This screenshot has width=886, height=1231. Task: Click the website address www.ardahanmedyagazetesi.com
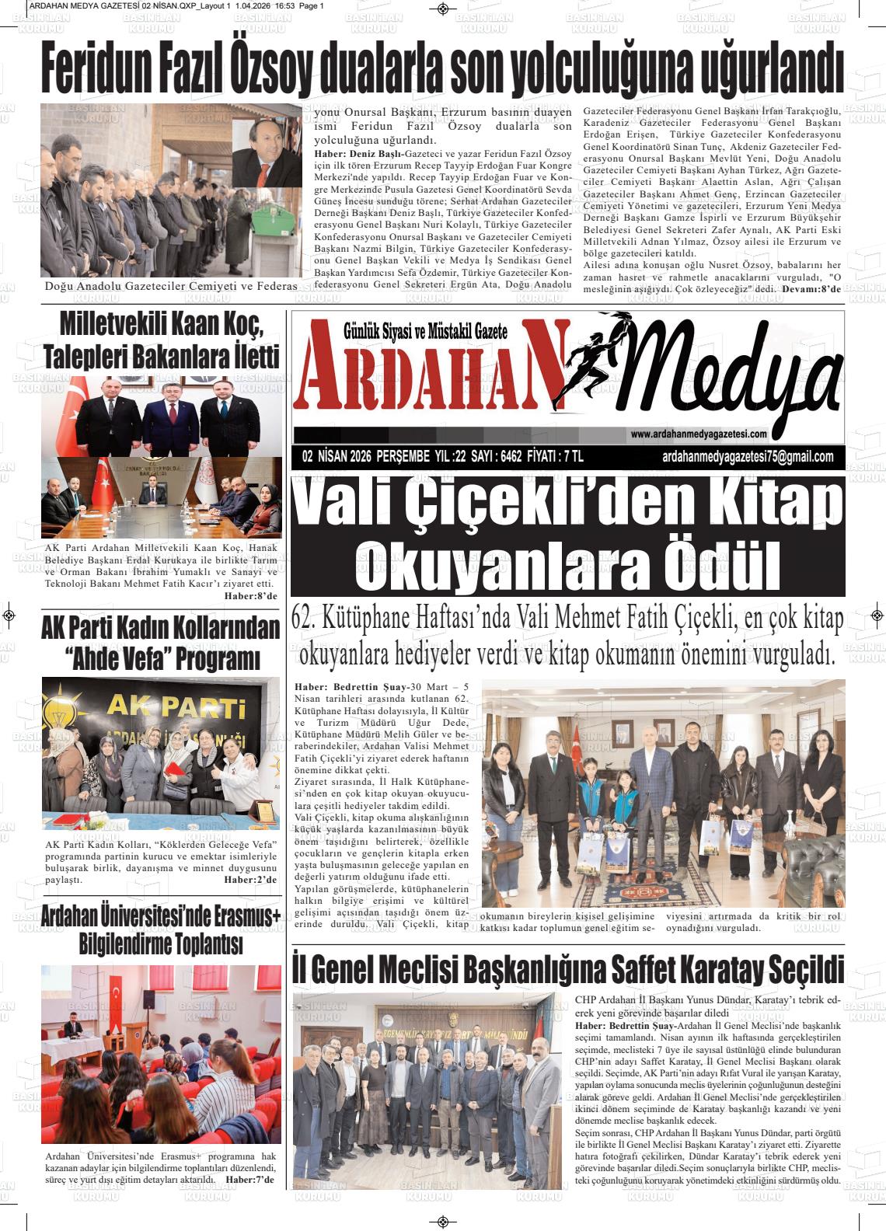click(x=699, y=434)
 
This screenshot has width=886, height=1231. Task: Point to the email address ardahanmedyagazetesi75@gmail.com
click(x=748, y=457)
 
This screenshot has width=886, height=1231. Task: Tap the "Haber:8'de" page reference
click(x=250, y=596)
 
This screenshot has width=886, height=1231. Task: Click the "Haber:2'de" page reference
click(x=250, y=880)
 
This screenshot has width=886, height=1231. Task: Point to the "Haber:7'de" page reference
click(x=249, y=1180)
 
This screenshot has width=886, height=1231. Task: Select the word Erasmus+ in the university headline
click(x=239, y=918)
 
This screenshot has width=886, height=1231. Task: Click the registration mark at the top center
click(x=442, y=9)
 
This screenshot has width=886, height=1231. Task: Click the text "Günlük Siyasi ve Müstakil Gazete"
click(x=425, y=333)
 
